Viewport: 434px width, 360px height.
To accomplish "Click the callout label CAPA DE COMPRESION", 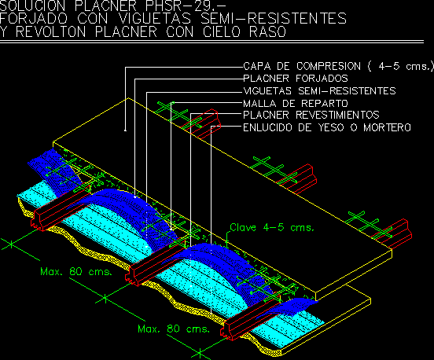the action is [x=302, y=66].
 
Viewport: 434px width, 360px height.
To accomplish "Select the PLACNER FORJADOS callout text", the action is [x=296, y=79].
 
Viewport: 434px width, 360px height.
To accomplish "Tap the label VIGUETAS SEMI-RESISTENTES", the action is [x=319, y=91].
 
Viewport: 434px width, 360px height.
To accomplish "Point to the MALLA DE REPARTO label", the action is [x=296, y=104].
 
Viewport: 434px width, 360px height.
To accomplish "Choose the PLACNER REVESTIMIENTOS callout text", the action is [x=311, y=115].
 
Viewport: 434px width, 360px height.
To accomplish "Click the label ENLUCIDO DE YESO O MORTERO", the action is [x=327, y=127].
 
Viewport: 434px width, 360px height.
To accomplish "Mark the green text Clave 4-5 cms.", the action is [x=272, y=227].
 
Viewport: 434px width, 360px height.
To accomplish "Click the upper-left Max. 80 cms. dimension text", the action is [x=76, y=271].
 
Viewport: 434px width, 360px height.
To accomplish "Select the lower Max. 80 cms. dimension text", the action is [x=174, y=329].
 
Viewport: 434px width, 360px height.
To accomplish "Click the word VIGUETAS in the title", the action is [x=155, y=19].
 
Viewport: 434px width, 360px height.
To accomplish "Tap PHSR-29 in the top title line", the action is [x=182, y=5].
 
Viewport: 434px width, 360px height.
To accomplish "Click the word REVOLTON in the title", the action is [x=50, y=31].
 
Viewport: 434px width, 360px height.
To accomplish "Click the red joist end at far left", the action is [x=38, y=220].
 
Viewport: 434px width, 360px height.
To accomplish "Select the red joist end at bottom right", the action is [x=227, y=330].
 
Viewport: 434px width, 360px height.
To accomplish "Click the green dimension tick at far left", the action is [x=11, y=244].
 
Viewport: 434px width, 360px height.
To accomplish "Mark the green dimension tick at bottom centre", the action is [x=200, y=353].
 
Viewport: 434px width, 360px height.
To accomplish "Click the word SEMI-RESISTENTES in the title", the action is [x=274, y=19].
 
